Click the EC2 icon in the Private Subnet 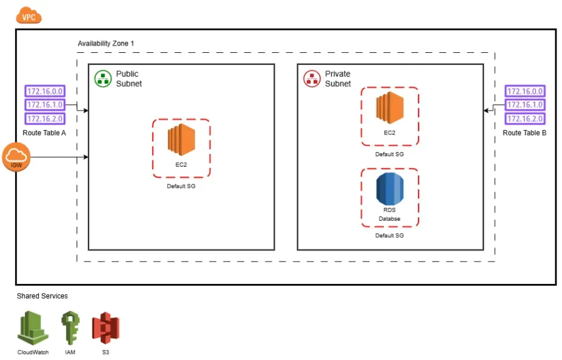pos(389,108)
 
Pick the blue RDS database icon pos(389,189)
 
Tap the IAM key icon pos(70,328)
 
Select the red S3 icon pos(106,328)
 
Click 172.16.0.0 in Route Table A pos(45,91)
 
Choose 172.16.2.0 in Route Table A pos(45,118)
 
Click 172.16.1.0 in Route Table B pos(525,105)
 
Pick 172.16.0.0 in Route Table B pos(525,91)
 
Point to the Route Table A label pos(44,133)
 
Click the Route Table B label pos(524,133)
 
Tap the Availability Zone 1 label pos(106,44)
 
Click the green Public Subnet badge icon pos(103,78)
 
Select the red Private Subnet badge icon pos(312,78)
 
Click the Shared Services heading pos(42,296)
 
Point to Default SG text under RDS pos(389,235)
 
